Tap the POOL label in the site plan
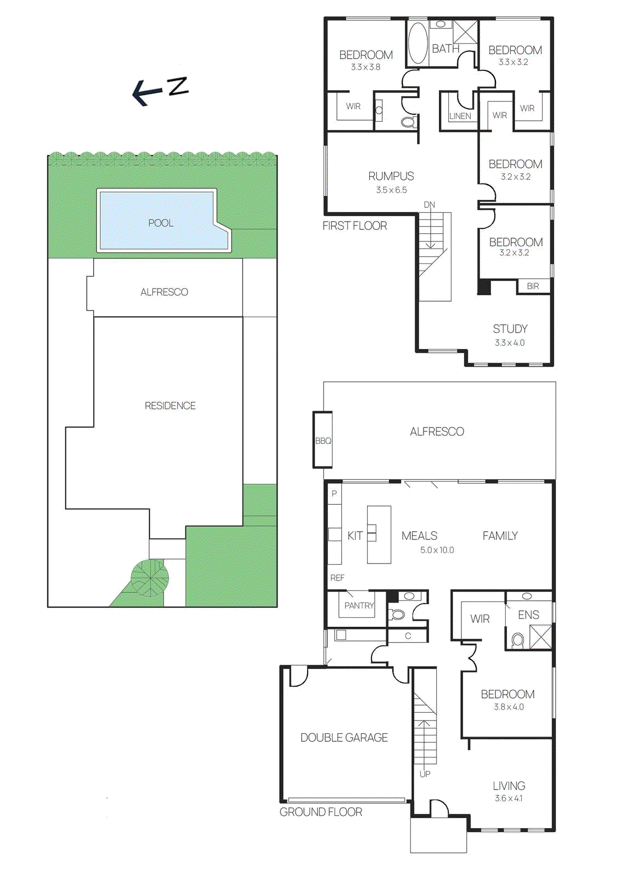coord(161,223)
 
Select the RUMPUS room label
coord(391,176)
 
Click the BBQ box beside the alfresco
coord(323,441)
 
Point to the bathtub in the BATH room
coord(417,43)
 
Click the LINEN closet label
coord(460,116)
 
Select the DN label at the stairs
coord(429,205)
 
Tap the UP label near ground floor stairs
coord(425,774)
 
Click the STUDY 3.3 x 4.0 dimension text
coord(510,343)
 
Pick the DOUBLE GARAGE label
coord(344,738)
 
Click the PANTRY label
coord(359,605)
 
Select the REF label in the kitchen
coord(337,578)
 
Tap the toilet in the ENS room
coord(517,639)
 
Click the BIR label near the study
coord(533,286)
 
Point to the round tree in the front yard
coord(150,577)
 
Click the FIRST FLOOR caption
coord(354,226)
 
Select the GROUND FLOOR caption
coord(321,812)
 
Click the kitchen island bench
coord(379,534)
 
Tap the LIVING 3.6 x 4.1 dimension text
coord(509,798)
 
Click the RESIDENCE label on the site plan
coord(170,406)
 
